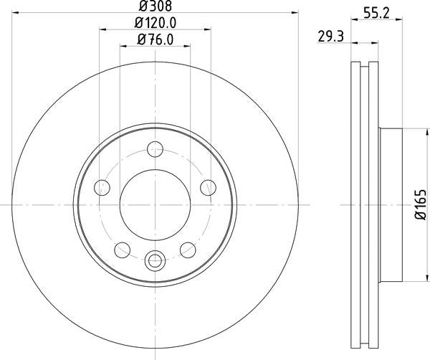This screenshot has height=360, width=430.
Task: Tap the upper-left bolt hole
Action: (x=102, y=187)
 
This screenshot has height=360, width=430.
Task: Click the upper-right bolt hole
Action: (x=207, y=187)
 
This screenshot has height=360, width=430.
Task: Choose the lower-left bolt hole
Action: (x=123, y=249)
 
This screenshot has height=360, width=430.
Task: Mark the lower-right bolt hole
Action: (x=187, y=249)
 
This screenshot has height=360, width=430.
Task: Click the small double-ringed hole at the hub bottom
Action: (x=155, y=260)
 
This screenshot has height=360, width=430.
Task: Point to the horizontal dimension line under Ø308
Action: (x=155, y=14)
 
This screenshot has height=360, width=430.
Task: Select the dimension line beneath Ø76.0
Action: (x=155, y=46)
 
